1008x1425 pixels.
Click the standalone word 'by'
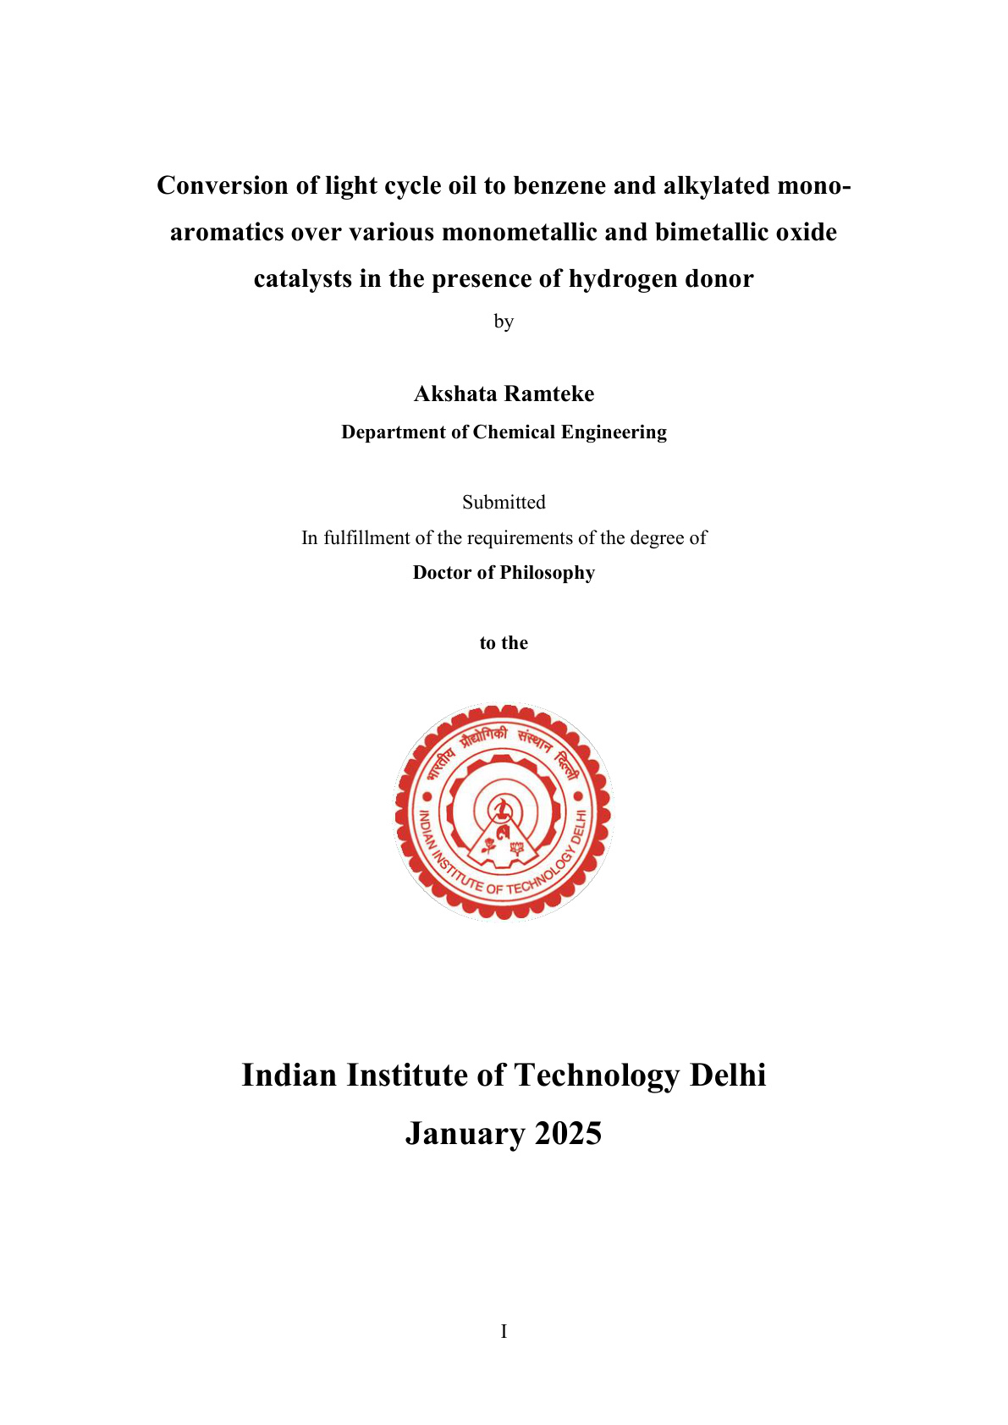pos(504,322)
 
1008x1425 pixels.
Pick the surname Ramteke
pos(549,393)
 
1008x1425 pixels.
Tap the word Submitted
pos(504,502)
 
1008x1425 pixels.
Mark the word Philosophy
pos(548,573)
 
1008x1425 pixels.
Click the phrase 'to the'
pos(504,643)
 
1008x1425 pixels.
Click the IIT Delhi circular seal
pos(504,812)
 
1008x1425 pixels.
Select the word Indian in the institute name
pos(289,1076)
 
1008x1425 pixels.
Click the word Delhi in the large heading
pos(728,1076)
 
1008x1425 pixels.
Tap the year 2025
pos(568,1134)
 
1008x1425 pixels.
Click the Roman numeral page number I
pos(504,1332)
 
